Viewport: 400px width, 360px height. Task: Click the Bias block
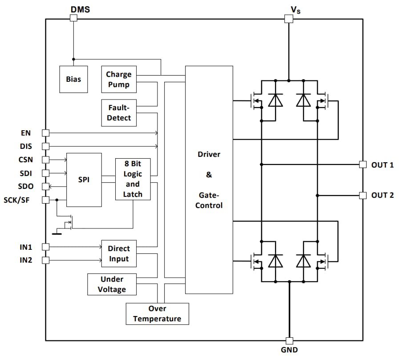pyautogui.click(x=73, y=79)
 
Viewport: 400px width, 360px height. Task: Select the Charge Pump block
pyautogui.click(x=118, y=79)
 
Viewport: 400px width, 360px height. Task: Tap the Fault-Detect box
pyautogui.click(x=119, y=112)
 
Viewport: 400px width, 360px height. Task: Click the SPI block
pyautogui.click(x=84, y=180)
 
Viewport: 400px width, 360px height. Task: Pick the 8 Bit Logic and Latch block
pyautogui.click(x=133, y=179)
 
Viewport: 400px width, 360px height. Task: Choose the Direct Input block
pyautogui.click(x=119, y=254)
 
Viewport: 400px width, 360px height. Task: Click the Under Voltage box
pyautogui.click(x=112, y=284)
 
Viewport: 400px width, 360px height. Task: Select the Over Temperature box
pyautogui.click(x=157, y=314)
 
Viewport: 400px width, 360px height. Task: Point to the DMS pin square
pyautogui.click(x=73, y=18)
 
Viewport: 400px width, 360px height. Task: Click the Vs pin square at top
pyautogui.click(x=288, y=18)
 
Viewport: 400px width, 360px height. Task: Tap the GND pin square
pyautogui.click(x=289, y=341)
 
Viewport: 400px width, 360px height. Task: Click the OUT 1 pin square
pyautogui.click(x=363, y=164)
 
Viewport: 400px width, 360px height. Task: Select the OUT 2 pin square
pyautogui.click(x=363, y=195)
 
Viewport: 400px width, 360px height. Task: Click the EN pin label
pyautogui.click(x=26, y=133)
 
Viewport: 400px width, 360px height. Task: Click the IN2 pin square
pyautogui.click(x=45, y=260)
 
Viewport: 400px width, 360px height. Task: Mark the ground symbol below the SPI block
pyautogui.click(x=57, y=232)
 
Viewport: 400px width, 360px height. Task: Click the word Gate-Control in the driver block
pyautogui.click(x=209, y=200)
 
